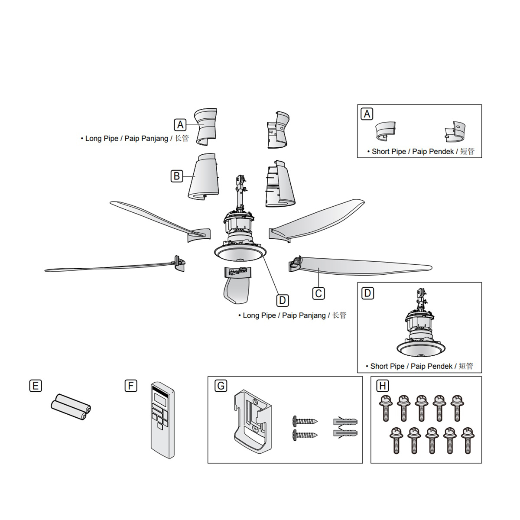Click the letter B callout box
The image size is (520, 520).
click(x=177, y=176)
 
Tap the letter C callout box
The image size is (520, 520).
click(x=318, y=293)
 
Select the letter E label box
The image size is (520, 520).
click(x=36, y=386)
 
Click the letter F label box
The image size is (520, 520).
click(x=130, y=386)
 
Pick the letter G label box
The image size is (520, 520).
click(x=221, y=386)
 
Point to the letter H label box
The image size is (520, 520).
click(x=383, y=386)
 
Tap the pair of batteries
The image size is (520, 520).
click(x=71, y=407)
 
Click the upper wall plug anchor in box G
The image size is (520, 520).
click(x=345, y=421)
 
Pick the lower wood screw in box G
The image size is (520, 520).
click(x=305, y=434)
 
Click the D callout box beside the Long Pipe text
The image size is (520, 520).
click(x=282, y=300)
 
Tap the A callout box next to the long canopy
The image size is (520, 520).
click(x=180, y=125)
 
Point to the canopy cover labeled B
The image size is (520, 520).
click(x=203, y=178)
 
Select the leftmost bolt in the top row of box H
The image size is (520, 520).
click(x=384, y=407)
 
